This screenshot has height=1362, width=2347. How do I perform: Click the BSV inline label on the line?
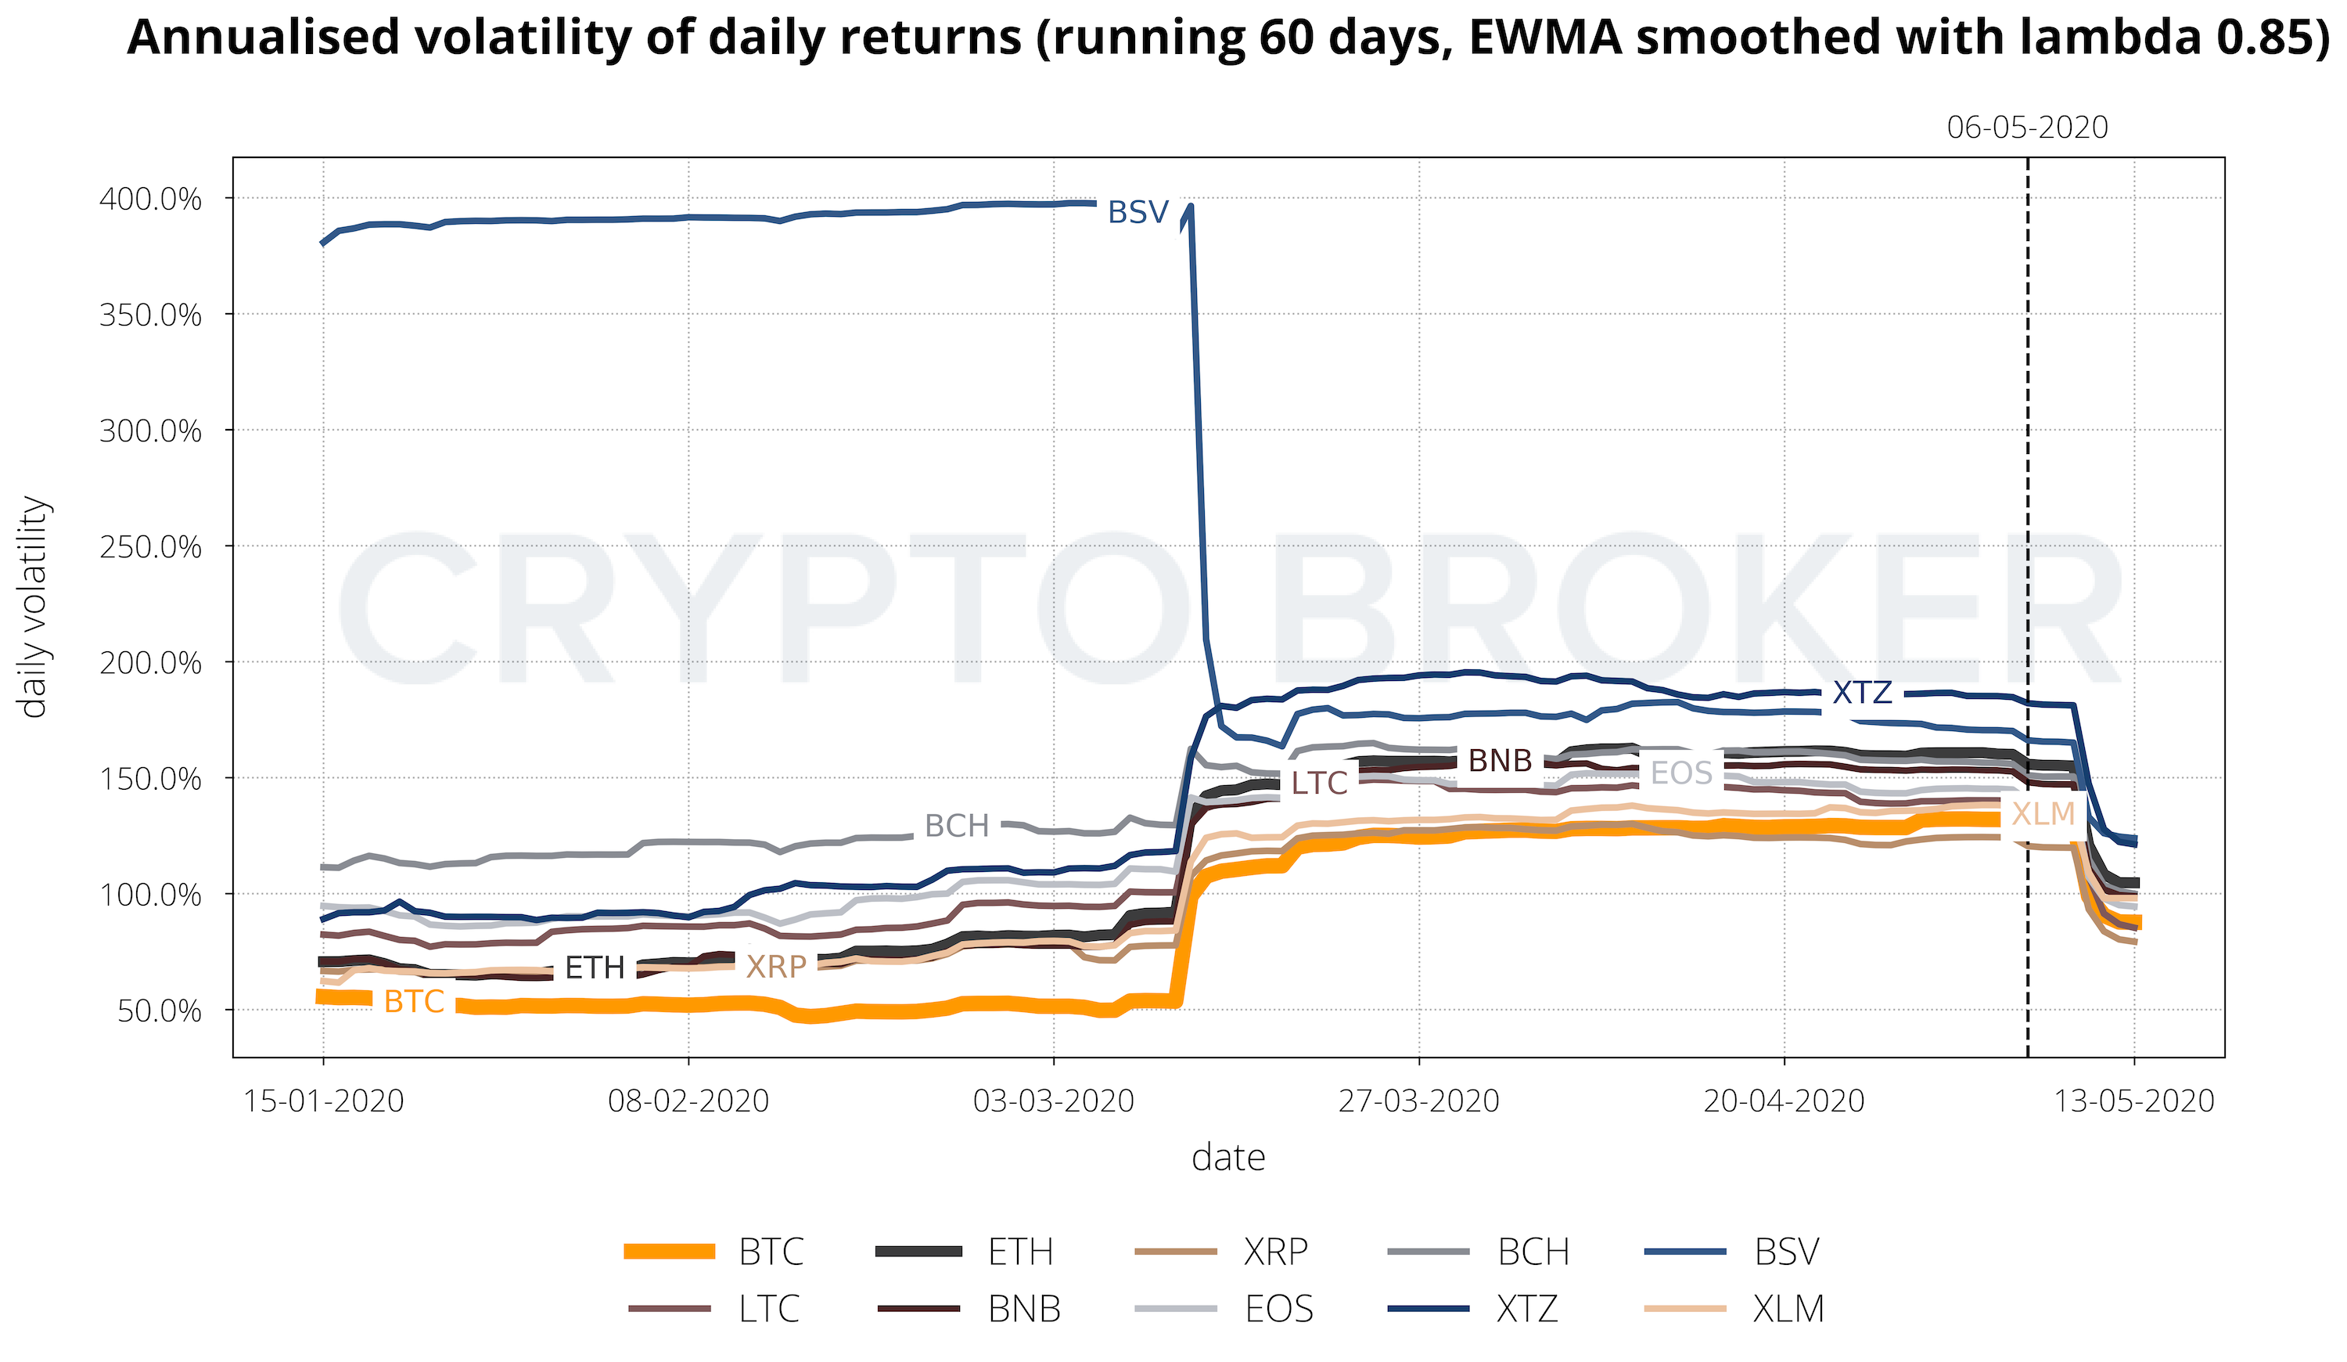[1138, 212]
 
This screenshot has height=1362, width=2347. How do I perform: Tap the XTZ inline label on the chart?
[1863, 692]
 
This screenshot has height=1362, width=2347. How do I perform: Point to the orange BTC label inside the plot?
[415, 1001]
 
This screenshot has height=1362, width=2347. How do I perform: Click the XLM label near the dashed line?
[2043, 814]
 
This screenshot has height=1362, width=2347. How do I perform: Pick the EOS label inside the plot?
[1681, 773]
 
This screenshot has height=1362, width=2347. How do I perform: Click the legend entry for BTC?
[771, 1252]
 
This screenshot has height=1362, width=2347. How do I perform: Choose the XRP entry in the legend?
[1276, 1252]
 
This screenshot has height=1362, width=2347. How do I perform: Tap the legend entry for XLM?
[1788, 1310]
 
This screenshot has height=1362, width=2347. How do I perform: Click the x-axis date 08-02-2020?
[688, 1101]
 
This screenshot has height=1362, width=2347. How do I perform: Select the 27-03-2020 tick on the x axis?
[1418, 1101]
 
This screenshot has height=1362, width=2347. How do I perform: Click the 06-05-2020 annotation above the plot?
[2028, 128]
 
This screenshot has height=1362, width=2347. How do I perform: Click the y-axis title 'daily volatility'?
[34, 607]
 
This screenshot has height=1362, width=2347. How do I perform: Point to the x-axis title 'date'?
[1228, 1158]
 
